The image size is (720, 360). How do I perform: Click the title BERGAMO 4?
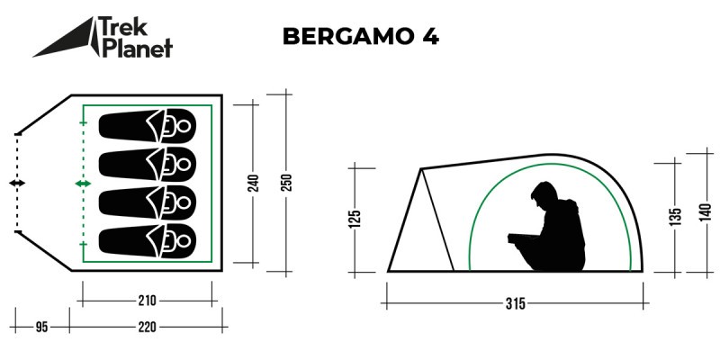pyautogui.click(x=360, y=37)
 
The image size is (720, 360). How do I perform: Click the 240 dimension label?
pyautogui.click(x=254, y=184)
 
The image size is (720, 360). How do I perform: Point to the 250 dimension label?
pyautogui.click(x=286, y=184)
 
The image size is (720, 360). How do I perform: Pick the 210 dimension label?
pyautogui.click(x=148, y=301)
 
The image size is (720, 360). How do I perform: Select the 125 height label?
pyautogui.click(x=355, y=219)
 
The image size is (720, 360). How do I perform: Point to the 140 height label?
pyautogui.click(x=704, y=212)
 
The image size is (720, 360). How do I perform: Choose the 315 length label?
pyautogui.click(x=515, y=303)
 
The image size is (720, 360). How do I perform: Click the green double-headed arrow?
pyautogui.click(x=83, y=184)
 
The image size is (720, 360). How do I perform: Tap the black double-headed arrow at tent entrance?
pyautogui.click(x=17, y=184)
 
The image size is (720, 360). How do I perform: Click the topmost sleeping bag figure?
pyautogui.click(x=147, y=125)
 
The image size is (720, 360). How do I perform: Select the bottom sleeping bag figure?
pyautogui.click(x=147, y=239)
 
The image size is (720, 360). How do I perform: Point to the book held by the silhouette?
pyautogui.click(x=522, y=238)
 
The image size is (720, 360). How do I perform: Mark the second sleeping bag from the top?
pyautogui.click(x=147, y=163)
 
